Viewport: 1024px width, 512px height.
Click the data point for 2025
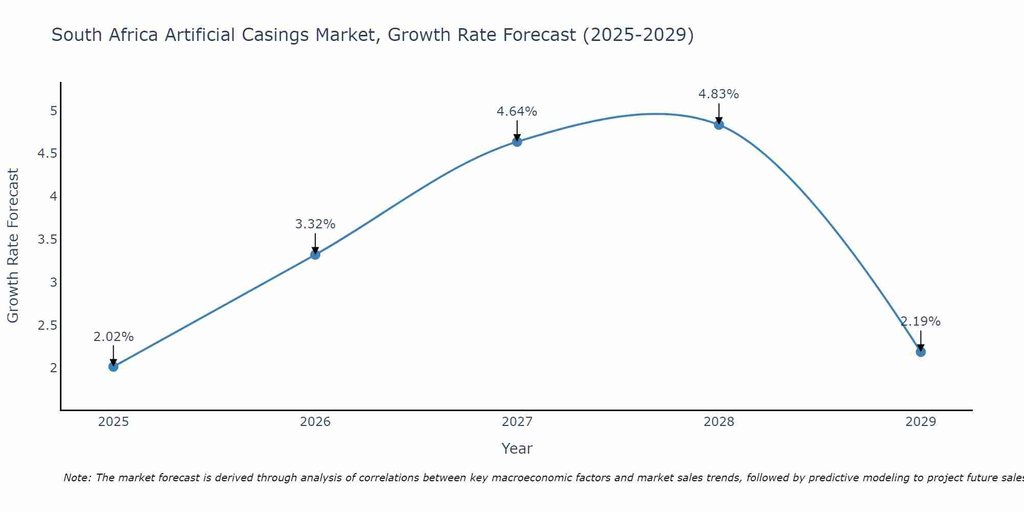(x=114, y=367)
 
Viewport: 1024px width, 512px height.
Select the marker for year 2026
(x=315, y=254)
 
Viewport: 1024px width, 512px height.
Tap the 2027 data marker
(x=517, y=142)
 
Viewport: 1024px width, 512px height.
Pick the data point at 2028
(x=719, y=124)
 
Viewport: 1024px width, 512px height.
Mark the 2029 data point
(x=921, y=352)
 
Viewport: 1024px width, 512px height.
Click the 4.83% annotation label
(x=719, y=94)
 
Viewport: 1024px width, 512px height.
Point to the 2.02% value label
(x=114, y=337)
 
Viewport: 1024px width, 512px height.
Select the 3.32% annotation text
(x=315, y=224)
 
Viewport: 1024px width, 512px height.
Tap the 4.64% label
(x=517, y=112)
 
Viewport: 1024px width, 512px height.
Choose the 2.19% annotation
(x=921, y=322)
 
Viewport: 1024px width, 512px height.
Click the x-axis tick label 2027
(x=517, y=422)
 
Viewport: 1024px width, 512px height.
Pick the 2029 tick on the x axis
(x=921, y=422)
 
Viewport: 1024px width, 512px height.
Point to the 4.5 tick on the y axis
(x=48, y=154)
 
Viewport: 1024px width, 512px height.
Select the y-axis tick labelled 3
(x=53, y=283)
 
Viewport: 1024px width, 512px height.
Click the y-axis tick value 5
(x=53, y=111)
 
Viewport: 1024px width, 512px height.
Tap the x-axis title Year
(x=517, y=449)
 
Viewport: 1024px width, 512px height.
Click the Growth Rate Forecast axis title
(x=13, y=246)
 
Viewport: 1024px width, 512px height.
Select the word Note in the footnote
(x=77, y=478)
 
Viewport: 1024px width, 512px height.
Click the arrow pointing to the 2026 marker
(x=315, y=243)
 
